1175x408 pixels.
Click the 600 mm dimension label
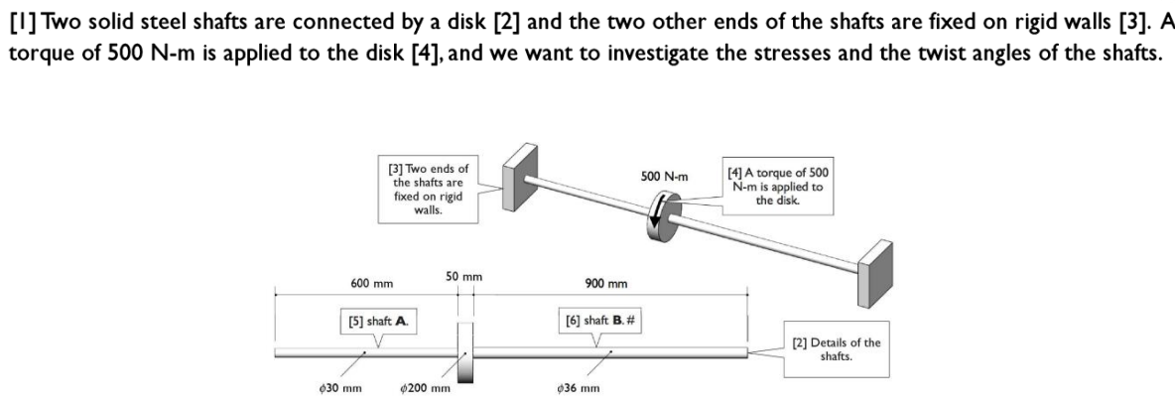pyautogui.click(x=372, y=284)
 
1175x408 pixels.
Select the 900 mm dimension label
pyautogui.click(x=606, y=284)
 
